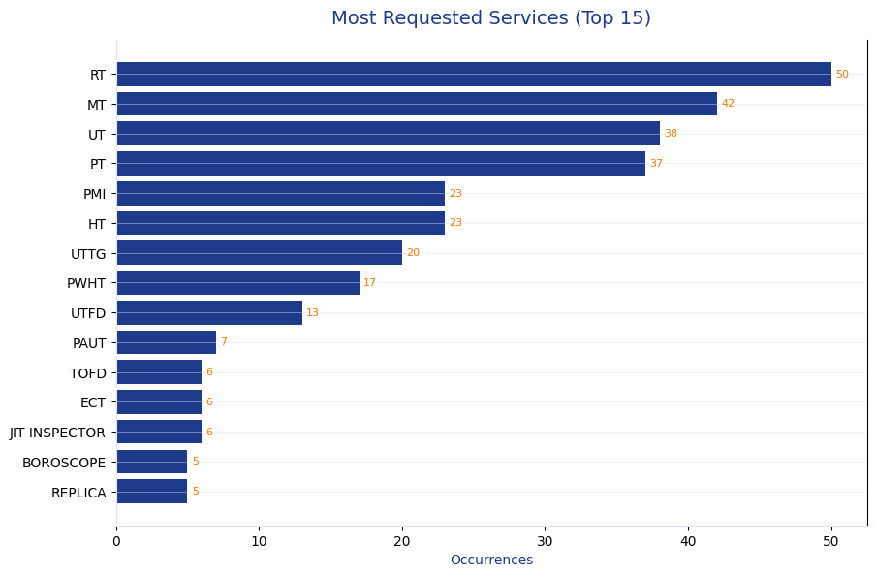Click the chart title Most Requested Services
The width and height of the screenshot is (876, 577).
[x=490, y=18]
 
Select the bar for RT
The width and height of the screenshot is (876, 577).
[x=474, y=75]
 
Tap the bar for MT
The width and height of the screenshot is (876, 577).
[x=417, y=104]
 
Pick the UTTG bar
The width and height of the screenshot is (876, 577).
[x=259, y=253]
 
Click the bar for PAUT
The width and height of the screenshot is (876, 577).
[x=166, y=342]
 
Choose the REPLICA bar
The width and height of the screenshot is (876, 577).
[x=152, y=492]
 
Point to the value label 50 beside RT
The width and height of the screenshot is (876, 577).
[x=842, y=75]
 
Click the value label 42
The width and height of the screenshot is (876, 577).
[x=728, y=104]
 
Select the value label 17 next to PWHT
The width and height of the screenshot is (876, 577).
[x=369, y=283]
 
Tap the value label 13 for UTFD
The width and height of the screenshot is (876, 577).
[x=312, y=313]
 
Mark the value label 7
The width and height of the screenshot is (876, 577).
[x=224, y=342]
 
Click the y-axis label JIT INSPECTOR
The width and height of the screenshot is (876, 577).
[x=58, y=433]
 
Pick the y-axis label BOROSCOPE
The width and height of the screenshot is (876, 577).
[x=64, y=463]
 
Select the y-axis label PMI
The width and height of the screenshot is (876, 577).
[x=95, y=194]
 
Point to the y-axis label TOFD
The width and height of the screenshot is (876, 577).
[x=88, y=373]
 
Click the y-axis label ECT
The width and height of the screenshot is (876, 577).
[x=93, y=402]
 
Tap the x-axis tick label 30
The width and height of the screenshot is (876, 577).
[x=546, y=541]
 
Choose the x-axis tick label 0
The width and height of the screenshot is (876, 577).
[x=116, y=541]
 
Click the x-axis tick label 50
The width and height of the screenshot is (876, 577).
[x=831, y=541]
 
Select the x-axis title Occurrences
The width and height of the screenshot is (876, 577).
[x=491, y=561]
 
